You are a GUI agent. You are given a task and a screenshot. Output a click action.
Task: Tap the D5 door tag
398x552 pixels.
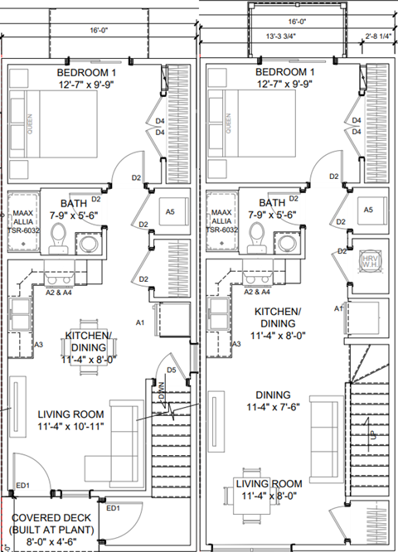coord(172,370)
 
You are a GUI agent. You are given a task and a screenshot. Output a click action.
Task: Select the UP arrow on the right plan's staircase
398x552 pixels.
coord(372,433)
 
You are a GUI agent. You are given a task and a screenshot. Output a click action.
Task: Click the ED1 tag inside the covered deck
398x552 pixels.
coord(112,508)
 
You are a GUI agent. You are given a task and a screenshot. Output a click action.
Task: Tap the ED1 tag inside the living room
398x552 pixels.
coord(22,485)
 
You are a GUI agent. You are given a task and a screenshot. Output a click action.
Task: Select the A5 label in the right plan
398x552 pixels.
coord(367,211)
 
